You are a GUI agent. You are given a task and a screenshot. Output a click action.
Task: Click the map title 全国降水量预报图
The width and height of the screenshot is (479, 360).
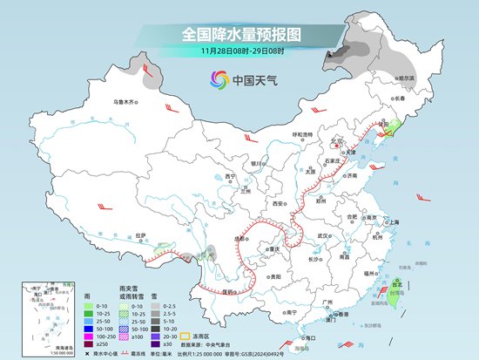click(x=239, y=35)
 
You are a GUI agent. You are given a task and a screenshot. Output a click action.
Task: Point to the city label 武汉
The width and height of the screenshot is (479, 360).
click(x=326, y=235)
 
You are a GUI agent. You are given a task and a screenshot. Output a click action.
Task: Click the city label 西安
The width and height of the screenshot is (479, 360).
click(x=279, y=202)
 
